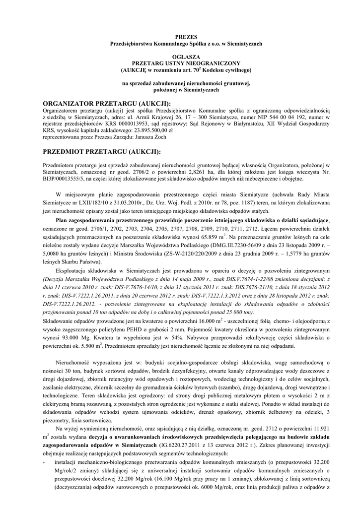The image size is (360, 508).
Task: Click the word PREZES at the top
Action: (187, 37)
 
